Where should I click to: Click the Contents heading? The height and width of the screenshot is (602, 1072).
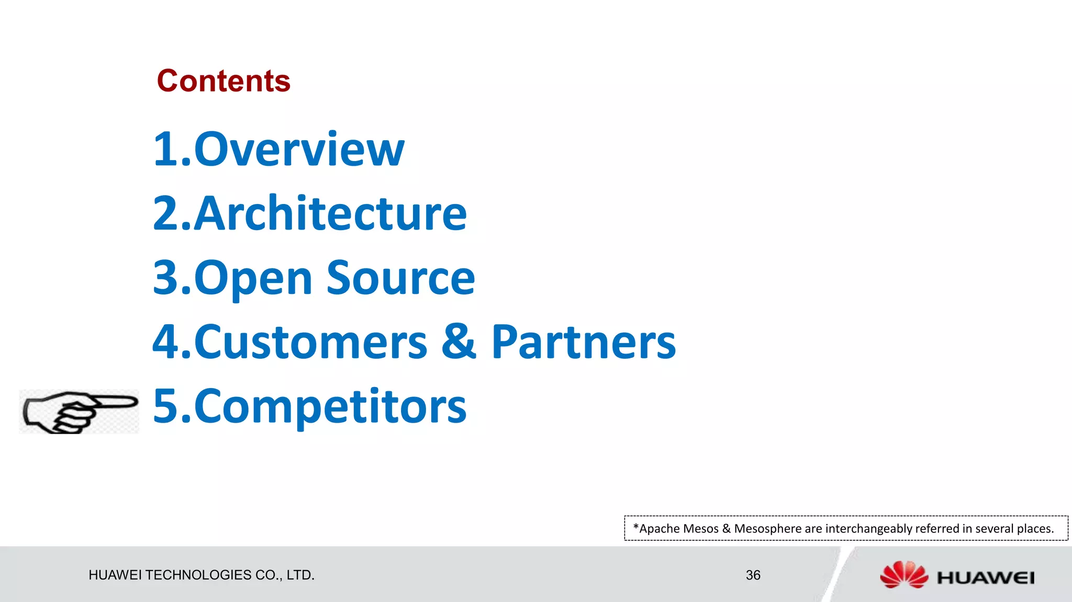point(224,81)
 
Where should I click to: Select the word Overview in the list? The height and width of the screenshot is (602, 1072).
point(299,150)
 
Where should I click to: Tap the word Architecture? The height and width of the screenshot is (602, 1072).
point(330,214)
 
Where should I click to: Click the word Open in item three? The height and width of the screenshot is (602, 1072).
point(253,279)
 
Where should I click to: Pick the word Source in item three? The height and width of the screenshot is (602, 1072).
point(400,278)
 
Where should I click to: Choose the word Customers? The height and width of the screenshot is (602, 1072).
point(311,343)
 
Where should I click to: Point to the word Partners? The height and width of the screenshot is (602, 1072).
point(584,343)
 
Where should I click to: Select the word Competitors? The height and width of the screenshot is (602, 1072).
point(330,407)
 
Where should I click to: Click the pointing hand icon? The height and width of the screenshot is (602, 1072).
point(79,412)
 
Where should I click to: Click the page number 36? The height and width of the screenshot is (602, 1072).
point(753,575)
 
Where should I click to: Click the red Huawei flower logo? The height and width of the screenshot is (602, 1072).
point(904,574)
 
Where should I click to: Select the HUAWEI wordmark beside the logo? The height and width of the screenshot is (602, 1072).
point(986,578)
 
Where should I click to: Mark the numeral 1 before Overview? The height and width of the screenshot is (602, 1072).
point(166,150)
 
